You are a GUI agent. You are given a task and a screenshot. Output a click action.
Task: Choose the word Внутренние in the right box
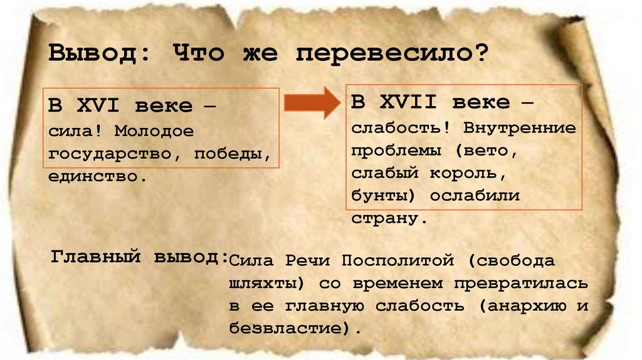pos(519,128)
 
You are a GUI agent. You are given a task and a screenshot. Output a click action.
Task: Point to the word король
pos(474,173)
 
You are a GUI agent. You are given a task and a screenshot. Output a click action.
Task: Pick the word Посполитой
pos(398,260)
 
